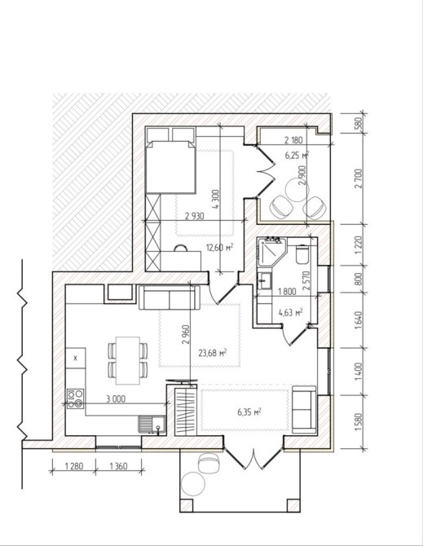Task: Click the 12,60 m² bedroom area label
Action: (x=219, y=248)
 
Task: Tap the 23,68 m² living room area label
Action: (x=213, y=353)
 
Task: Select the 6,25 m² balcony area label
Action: (x=297, y=155)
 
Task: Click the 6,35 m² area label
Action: (x=249, y=412)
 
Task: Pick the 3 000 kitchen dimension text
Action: (x=116, y=398)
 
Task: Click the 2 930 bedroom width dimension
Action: (x=194, y=216)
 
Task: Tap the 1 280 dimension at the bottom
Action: (x=73, y=465)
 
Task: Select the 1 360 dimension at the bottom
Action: (x=118, y=465)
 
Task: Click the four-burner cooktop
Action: (x=76, y=398)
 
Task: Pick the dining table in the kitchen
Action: (x=128, y=360)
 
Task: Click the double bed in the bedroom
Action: (x=170, y=166)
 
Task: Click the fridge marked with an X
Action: (x=76, y=358)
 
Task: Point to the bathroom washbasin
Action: (x=265, y=280)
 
